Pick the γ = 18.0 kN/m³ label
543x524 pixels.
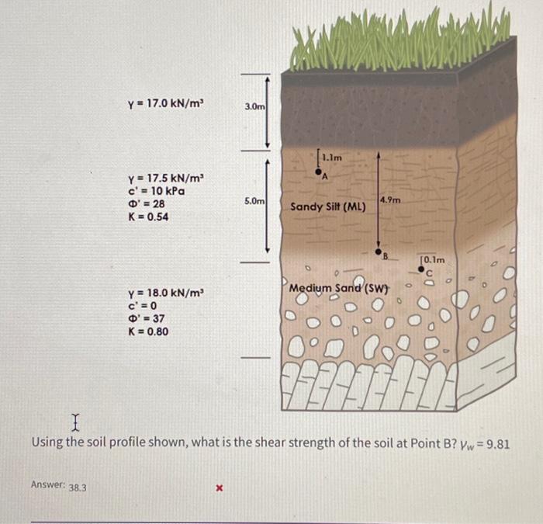click(x=166, y=293)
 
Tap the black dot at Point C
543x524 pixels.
click(x=421, y=271)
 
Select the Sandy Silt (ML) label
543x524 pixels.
click(x=328, y=207)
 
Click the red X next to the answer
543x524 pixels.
click(x=220, y=489)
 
